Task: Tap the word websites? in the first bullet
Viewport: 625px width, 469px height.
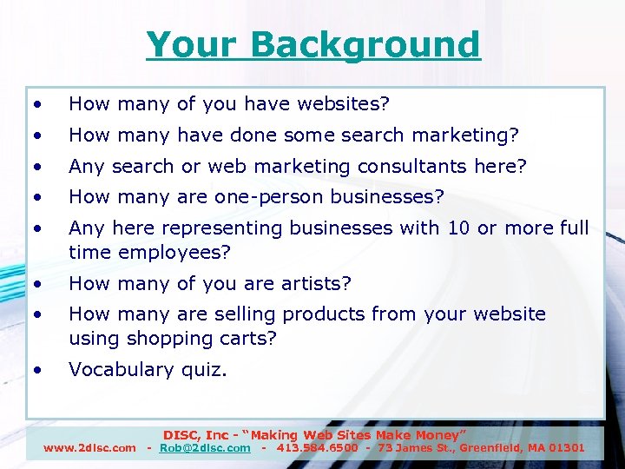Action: (343, 104)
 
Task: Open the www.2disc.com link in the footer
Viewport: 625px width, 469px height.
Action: (90, 448)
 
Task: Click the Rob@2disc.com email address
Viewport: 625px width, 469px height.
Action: (205, 448)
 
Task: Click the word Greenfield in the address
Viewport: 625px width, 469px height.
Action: (486, 448)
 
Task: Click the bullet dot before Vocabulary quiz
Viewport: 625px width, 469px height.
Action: (37, 370)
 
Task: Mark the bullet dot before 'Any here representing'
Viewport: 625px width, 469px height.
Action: (37, 228)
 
